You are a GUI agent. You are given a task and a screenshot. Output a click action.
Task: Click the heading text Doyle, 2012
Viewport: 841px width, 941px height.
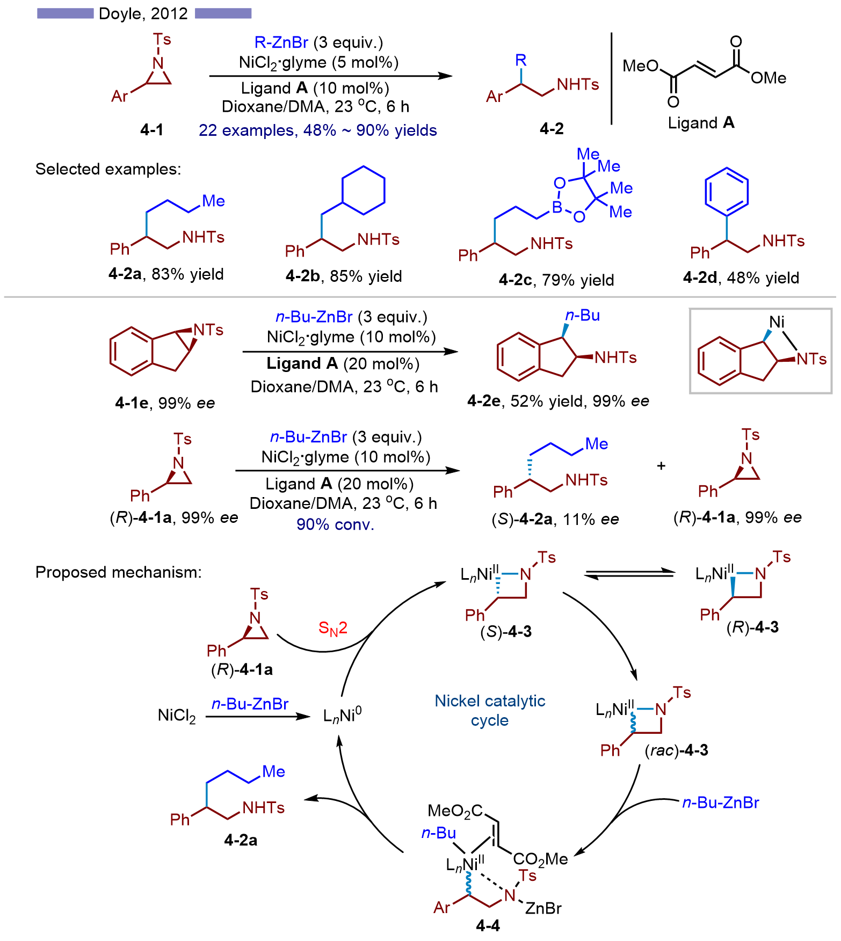(x=143, y=13)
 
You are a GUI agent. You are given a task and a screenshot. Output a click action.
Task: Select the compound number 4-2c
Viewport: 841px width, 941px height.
(x=514, y=280)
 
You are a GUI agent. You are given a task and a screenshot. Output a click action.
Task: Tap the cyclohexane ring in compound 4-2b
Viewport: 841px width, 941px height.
(x=364, y=190)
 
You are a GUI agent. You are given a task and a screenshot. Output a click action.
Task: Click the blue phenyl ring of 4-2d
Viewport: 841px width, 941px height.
(x=726, y=192)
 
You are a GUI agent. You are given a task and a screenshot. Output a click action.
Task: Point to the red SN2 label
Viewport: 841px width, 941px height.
(x=332, y=628)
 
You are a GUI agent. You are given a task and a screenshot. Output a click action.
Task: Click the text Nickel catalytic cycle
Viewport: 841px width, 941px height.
(x=490, y=710)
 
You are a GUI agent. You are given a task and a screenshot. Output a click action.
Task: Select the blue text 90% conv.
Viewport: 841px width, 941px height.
(x=335, y=524)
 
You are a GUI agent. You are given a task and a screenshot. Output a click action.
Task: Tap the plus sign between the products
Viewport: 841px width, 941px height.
(x=661, y=466)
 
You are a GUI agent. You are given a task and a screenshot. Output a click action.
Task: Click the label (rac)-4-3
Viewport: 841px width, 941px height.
(x=676, y=750)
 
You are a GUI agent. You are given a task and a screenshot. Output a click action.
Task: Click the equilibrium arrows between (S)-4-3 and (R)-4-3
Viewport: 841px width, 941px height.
(x=629, y=574)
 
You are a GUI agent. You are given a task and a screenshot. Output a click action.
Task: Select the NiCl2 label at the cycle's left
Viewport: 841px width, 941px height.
(x=177, y=716)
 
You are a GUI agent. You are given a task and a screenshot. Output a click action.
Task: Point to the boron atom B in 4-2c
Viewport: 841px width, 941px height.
(x=557, y=207)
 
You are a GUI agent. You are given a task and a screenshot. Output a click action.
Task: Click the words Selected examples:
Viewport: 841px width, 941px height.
(x=108, y=169)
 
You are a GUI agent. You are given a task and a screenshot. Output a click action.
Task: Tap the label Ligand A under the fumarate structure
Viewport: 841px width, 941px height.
(x=701, y=123)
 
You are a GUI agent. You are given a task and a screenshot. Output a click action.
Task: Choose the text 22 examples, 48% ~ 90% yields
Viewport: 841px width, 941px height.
(x=317, y=130)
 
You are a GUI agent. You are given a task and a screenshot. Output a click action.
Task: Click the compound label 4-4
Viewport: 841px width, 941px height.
(x=488, y=925)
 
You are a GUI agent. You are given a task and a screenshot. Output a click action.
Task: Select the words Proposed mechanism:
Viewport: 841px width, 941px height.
(x=118, y=572)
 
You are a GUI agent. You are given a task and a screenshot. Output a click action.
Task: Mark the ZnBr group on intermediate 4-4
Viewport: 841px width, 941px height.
(x=543, y=908)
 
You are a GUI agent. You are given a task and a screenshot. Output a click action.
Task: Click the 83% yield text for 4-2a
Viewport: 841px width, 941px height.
(x=187, y=274)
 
